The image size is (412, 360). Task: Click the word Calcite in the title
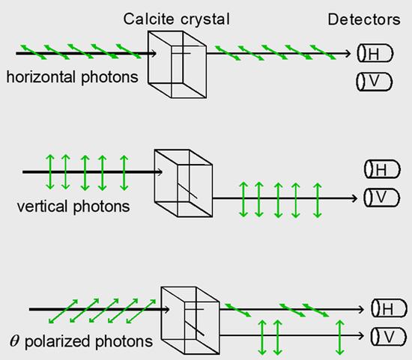pyautogui.click(x=148, y=19)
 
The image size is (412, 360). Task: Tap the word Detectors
pyautogui.click(x=364, y=19)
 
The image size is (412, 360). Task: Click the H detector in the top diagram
pyautogui.click(x=375, y=53)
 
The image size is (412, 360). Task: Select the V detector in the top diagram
pyautogui.click(x=374, y=82)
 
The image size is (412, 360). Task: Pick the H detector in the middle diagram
pyautogui.click(x=382, y=169)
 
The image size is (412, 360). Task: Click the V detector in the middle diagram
pyautogui.click(x=381, y=198)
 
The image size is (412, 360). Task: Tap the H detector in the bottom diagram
pyautogui.click(x=389, y=308)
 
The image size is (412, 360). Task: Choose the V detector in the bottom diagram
pyautogui.click(x=389, y=336)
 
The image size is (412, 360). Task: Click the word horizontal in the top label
pyautogui.click(x=41, y=76)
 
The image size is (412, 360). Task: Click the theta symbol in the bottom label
pyautogui.click(x=14, y=341)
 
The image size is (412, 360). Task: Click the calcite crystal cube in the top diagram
pyautogui.click(x=177, y=64)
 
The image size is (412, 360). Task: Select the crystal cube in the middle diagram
pyautogui.click(x=184, y=183)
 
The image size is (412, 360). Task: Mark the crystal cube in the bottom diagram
pyautogui.click(x=190, y=320)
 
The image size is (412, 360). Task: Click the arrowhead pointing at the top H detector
pyautogui.click(x=348, y=53)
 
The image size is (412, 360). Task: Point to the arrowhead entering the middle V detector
pyautogui.click(x=354, y=198)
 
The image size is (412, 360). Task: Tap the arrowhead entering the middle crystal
pyautogui.click(x=159, y=172)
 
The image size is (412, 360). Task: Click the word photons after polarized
pyautogui.click(x=124, y=342)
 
